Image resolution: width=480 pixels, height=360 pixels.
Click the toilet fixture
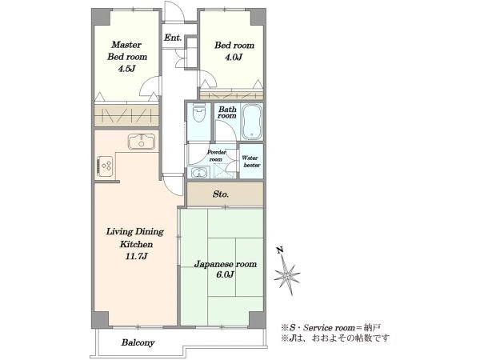tap(199, 113)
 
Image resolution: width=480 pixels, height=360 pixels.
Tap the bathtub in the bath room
tap(252, 122)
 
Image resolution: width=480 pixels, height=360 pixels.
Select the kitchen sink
tap(142, 142)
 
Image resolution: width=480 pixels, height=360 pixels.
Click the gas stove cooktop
tap(106, 166)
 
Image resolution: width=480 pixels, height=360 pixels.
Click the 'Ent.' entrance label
tap(173, 38)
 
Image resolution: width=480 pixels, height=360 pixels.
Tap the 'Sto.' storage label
tap(221, 194)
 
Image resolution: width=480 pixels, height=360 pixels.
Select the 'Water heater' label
tap(251, 162)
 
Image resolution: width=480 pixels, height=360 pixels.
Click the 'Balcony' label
tap(138, 342)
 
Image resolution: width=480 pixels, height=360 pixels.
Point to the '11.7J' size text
tap(137, 256)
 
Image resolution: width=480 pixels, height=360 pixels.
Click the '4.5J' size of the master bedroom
tap(126, 68)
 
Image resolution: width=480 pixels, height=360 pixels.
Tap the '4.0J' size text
tap(234, 57)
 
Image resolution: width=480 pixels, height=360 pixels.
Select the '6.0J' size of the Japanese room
tap(225, 274)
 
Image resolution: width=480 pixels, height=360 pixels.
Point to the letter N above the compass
tap(279, 250)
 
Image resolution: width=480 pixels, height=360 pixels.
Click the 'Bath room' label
tap(227, 112)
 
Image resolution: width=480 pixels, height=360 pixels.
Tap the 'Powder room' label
tap(217, 155)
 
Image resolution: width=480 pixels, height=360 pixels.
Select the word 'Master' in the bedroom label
tap(126, 45)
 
